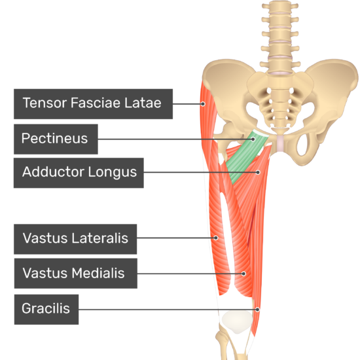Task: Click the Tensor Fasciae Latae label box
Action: pyautogui.click(x=93, y=104)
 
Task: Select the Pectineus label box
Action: pyautogui.click(x=56, y=139)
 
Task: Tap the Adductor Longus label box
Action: pyautogui.click(x=79, y=173)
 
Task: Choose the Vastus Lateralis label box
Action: pyautogui.click(x=75, y=239)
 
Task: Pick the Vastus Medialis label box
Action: pyautogui.click(x=76, y=273)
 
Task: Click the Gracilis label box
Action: pyautogui.click(x=46, y=309)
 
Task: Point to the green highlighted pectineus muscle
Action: pyautogui.click(x=247, y=156)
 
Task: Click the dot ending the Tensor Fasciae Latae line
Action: pyautogui.click(x=203, y=104)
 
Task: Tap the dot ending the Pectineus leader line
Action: pyautogui.click(x=253, y=139)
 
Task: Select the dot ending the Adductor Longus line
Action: pyautogui.click(x=258, y=172)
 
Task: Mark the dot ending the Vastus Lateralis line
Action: pyautogui.click(x=216, y=238)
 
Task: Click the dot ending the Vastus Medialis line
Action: pyautogui.click(x=243, y=274)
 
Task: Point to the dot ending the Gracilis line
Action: pyautogui.click(x=258, y=310)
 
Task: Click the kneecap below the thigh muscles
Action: pyautogui.click(x=237, y=321)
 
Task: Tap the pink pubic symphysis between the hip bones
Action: pyautogui.click(x=281, y=143)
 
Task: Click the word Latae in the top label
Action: pyautogui.click(x=143, y=103)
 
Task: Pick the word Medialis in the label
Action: pyautogui.click(x=98, y=273)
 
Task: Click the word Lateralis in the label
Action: pyautogui.click(x=100, y=238)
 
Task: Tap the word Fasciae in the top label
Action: pyautogui.click(x=96, y=103)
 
